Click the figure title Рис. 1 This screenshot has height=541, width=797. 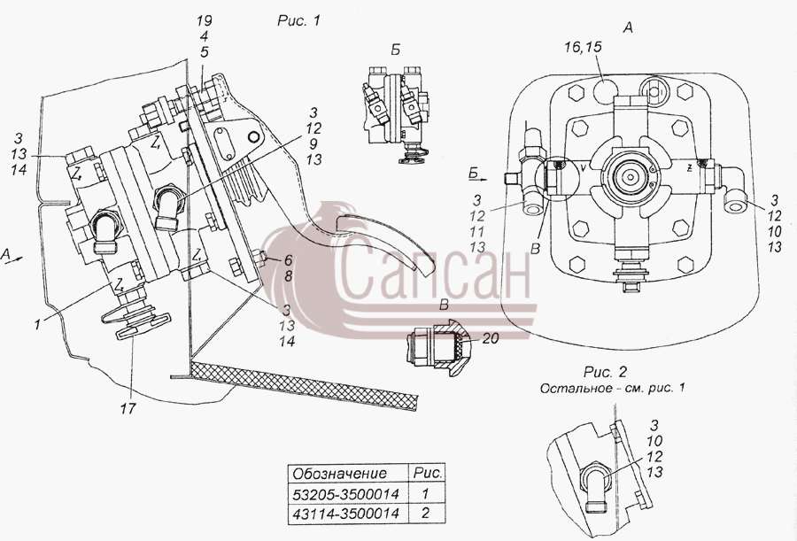click(299, 21)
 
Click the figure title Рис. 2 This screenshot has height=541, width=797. click(606, 372)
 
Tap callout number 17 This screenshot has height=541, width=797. click(128, 408)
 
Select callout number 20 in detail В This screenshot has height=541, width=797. click(491, 338)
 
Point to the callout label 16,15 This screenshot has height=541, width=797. click(583, 47)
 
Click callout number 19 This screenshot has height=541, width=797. click(205, 21)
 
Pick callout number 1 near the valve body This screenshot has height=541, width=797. click(37, 324)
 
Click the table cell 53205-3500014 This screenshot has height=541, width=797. click(346, 494)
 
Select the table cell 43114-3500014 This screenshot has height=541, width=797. click(346, 513)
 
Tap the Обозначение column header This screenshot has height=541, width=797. click(340, 474)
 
